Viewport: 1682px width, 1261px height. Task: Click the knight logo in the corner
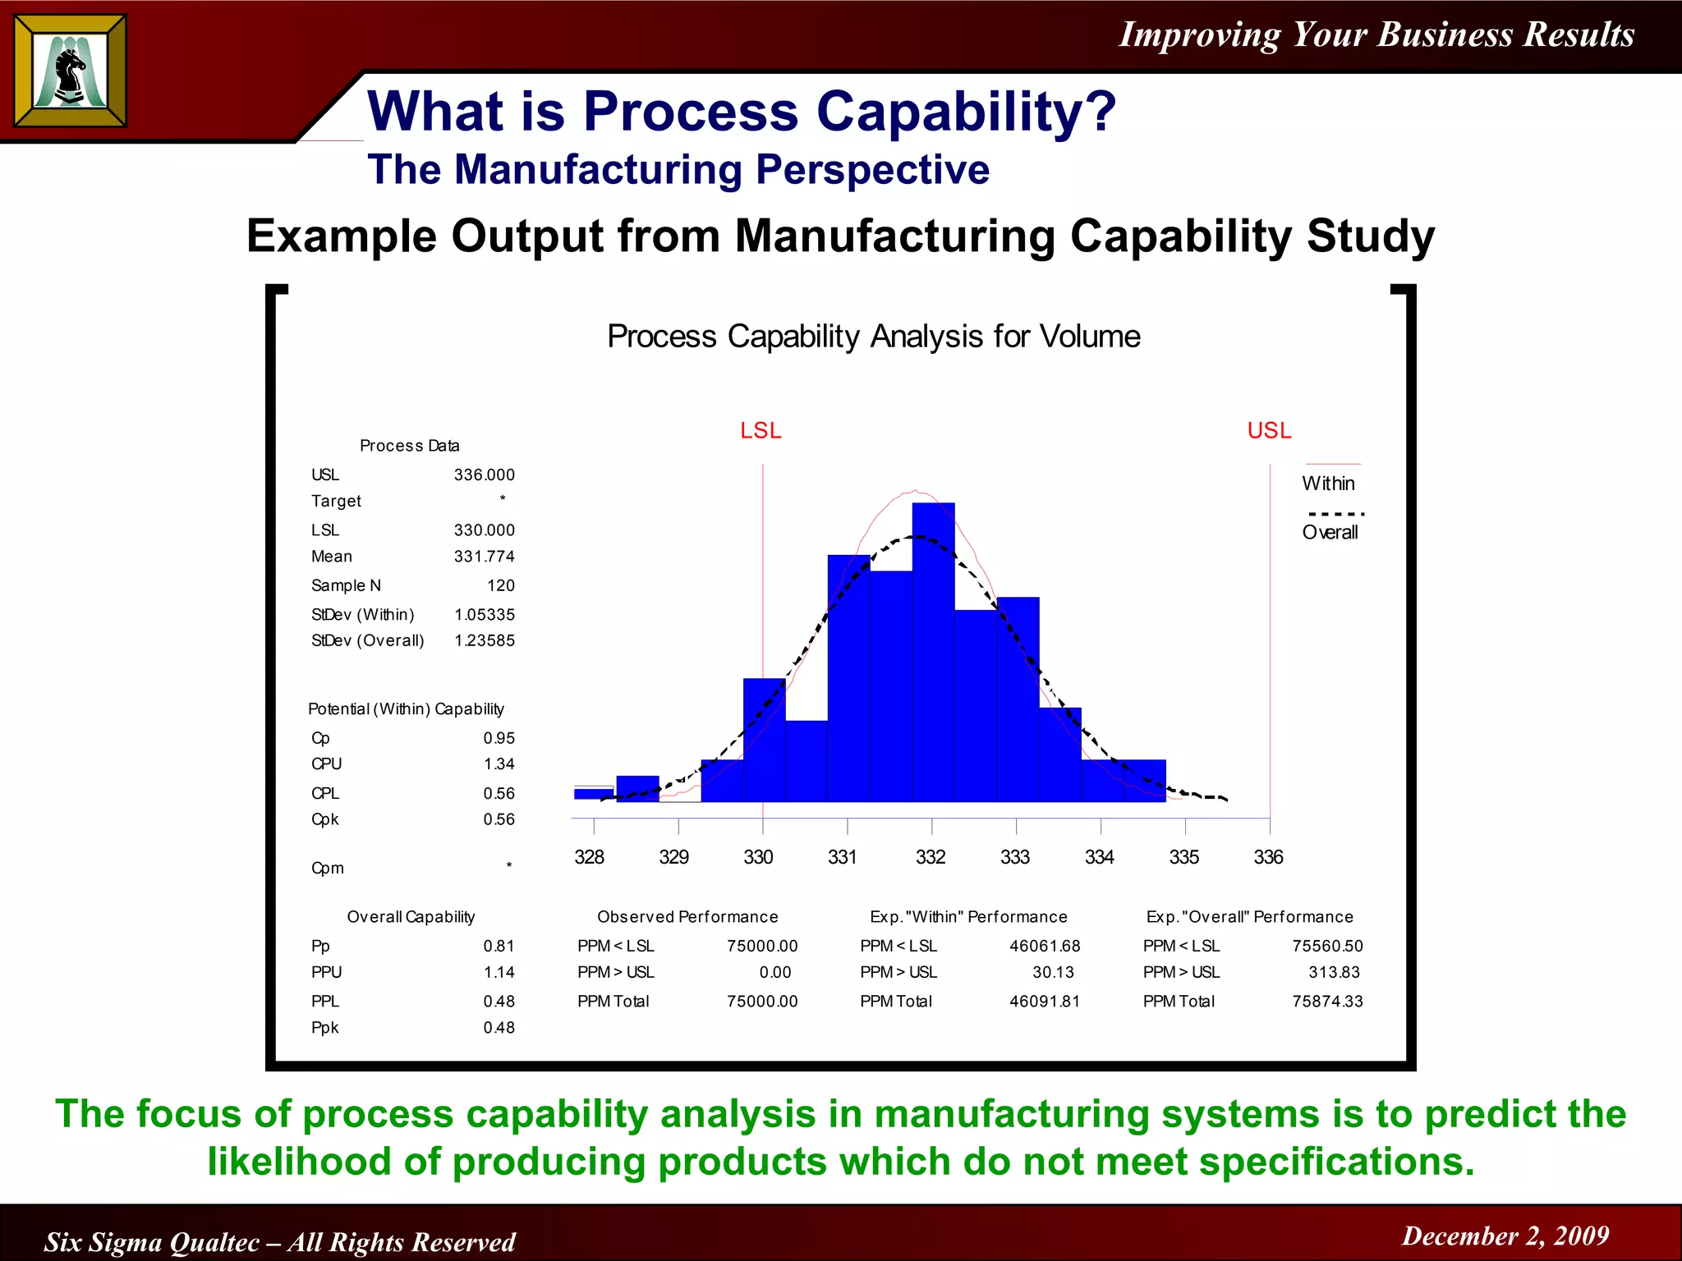pos(71,71)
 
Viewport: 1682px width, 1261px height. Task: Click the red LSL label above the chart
pos(761,431)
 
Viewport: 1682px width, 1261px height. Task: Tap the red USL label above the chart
pos(1269,431)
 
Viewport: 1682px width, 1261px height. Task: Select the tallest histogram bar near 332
pos(933,652)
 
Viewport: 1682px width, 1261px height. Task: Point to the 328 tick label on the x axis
pos(589,858)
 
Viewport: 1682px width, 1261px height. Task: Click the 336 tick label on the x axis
pos(1268,858)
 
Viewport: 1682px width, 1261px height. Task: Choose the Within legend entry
pos(1328,484)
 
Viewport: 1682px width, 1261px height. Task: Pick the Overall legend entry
pos(1330,533)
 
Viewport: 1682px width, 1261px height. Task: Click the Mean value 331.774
pos(484,557)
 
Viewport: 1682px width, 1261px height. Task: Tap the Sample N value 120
pos(500,585)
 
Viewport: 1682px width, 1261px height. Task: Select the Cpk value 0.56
pos(499,819)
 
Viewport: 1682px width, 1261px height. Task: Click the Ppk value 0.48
pos(499,1028)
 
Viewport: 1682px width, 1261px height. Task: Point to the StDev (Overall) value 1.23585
pos(484,640)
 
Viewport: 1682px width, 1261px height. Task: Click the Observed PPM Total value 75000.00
pos(761,1002)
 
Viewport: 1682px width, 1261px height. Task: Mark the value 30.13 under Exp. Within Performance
pos(1052,973)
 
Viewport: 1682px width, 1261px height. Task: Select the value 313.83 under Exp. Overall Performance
pos(1334,973)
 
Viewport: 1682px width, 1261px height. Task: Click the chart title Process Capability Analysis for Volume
pos(873,337)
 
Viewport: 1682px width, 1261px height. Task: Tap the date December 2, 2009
pos(1505,1236)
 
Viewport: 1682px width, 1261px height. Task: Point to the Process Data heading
pos(409,446)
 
